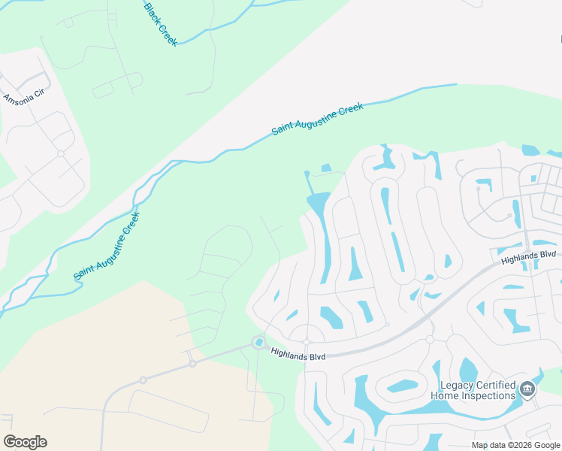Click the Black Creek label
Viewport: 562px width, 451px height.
tap(160, 23)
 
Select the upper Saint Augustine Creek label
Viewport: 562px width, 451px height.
tap(317, 119)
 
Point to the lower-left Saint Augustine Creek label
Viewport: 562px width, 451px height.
tap(107, 246)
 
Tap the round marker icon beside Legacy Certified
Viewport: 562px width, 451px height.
tap(527, 389)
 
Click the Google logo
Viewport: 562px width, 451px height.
tap(25, 442)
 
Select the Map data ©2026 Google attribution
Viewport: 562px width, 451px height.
tap(515, 445)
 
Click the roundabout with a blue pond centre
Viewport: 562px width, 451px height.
tap(259, 343)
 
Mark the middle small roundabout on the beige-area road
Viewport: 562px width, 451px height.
tap(192, 363)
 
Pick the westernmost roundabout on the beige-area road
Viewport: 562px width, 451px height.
tap(143, 380)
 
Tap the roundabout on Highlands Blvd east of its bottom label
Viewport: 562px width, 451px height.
tap(430, 340)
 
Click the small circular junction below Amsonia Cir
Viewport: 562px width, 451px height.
tap(60, 153)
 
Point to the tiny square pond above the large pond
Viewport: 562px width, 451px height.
tap(326, 168)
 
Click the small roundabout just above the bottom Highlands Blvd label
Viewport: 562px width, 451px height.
tap(307, 342)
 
